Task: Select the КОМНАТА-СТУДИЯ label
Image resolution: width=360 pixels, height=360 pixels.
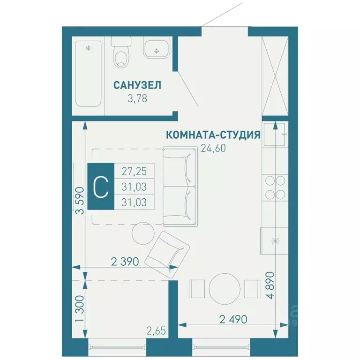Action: [213, 135]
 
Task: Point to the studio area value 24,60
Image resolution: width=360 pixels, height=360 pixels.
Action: [213, 150]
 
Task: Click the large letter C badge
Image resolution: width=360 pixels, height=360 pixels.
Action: [101, 187]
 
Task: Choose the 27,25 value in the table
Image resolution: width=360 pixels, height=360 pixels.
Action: [134, 171]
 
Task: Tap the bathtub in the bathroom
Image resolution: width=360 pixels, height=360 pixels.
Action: [88, 75]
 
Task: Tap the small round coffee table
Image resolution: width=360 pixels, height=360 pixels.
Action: [141, 232]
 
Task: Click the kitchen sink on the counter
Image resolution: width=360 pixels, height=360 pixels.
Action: [275, 241]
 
